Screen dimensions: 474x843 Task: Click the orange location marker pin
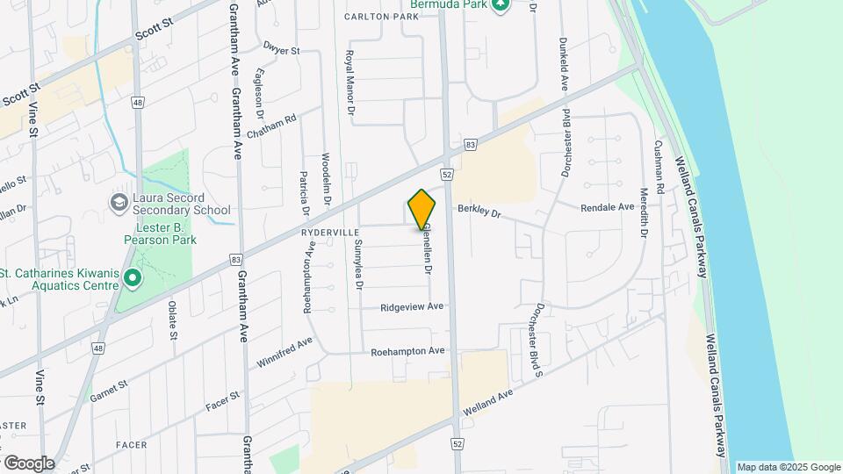tap(422, 210)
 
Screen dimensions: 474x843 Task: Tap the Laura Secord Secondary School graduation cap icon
tap(119, 203)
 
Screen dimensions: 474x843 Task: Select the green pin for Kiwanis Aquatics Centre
tap(133, 279)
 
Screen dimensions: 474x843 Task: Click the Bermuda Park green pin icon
tap(501, 5)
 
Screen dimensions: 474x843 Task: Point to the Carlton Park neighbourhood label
tap(381, 17)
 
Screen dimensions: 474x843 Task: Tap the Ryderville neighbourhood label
tap(330, 233)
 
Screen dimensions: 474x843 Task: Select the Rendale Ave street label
tap(607, 207)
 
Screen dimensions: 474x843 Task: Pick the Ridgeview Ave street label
tap(412, 307)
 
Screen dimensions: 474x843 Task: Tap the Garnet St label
tap(109, 391)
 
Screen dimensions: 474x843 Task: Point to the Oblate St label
tap(173, 322)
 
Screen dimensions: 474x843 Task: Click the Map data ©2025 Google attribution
tap(789, 467)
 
